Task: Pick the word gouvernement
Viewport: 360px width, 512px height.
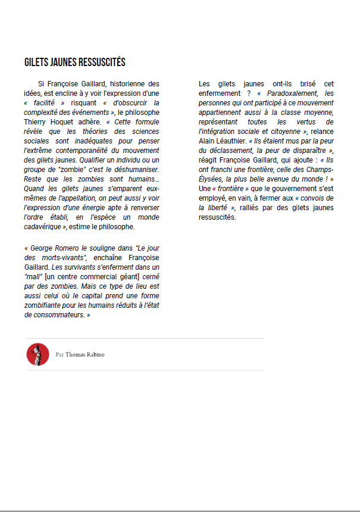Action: pos(284,188)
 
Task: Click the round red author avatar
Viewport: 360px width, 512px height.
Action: pos(37,354)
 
